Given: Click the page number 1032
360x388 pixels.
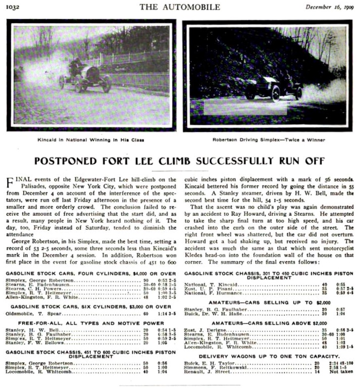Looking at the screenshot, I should click(14, 8).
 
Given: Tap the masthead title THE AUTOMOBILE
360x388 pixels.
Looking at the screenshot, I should click(180, 7).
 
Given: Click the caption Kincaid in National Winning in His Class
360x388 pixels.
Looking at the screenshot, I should click(90, 139).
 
